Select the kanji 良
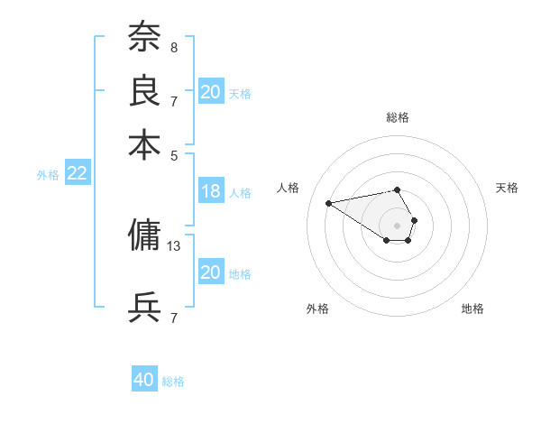[x=144, y=90]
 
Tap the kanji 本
[x=144, y=144]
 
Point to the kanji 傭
[x=144, y=235]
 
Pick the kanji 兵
[x=144, y=308]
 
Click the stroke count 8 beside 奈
[x=174, y=46]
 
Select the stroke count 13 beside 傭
[x=175, y=244]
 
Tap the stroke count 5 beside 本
[x=174, y=154]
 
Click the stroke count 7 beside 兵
[x=174, y=318]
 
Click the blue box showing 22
[x=77, y=174]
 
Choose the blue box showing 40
[x=144, y=380]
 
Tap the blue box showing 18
[x=211, y=191]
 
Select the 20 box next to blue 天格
[x=211, y=92]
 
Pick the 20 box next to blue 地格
[x=211, y=272]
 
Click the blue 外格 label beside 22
[x=48, y=175]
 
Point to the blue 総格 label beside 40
[x=173, y=382]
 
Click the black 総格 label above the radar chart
[x=398, y=117]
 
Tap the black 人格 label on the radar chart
[x=289, y=188]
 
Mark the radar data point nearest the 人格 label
[x=328, y=202]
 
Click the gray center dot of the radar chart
[x=398, y=225]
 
